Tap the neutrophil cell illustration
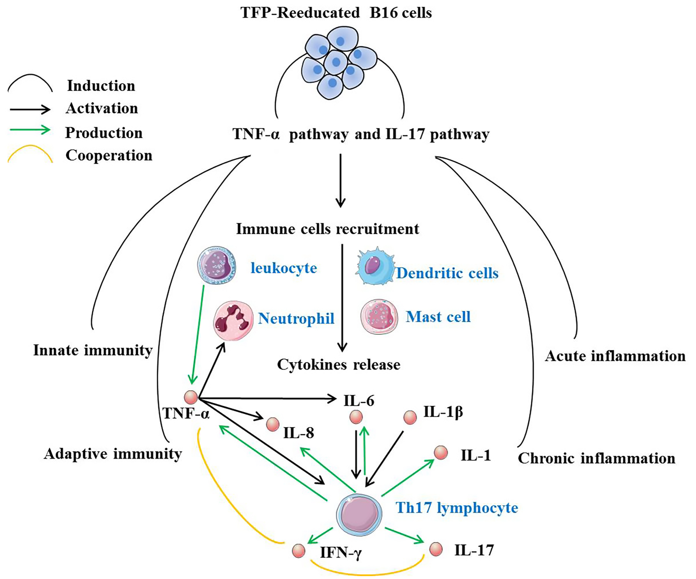point(233,320)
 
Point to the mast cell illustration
point(379,317)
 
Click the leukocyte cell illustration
point(217,266)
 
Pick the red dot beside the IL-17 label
point(436,549)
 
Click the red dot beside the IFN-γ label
point(299,551)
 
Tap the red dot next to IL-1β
point(410,417)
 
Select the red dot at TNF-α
point(191,397)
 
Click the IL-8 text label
point(298,433)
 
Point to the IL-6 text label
point(359,401)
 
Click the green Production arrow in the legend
point(30,130)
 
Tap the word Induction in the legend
point(101,86)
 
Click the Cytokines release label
point(339,365)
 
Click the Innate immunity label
point(93,350)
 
